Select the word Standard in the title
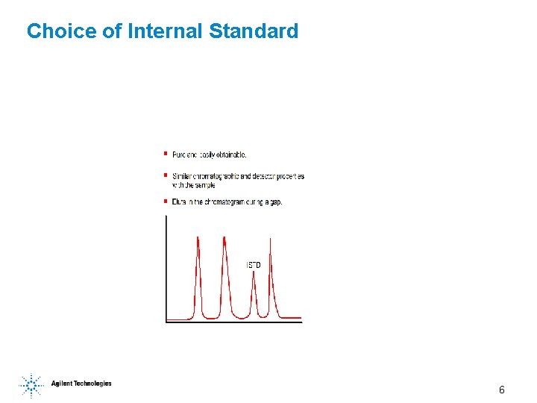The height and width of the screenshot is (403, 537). point(254,31)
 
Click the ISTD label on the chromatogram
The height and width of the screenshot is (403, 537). point(254,266)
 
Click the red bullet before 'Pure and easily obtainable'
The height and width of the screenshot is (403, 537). point(165,154)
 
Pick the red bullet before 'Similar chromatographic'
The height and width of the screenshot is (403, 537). point(165,175)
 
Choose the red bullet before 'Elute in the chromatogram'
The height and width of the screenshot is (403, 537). point(165,201)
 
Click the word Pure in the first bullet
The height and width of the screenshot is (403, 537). point(179,154)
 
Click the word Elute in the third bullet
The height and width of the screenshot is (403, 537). point(180,201)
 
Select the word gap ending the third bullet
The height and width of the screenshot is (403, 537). point(275,202)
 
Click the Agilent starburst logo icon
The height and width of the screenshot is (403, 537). point(31,385)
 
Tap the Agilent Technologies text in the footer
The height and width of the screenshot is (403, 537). point(81,384)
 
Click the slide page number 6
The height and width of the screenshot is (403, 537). point(502,390)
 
